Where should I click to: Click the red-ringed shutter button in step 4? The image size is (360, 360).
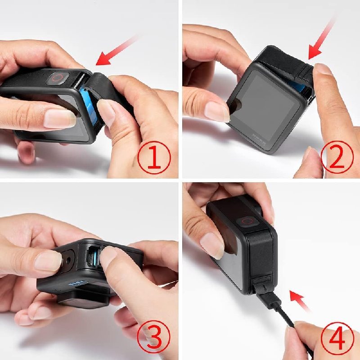[246, 221]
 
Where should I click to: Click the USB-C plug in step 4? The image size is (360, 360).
[273, 299]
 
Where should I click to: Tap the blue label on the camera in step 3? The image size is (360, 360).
[76, 283]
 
